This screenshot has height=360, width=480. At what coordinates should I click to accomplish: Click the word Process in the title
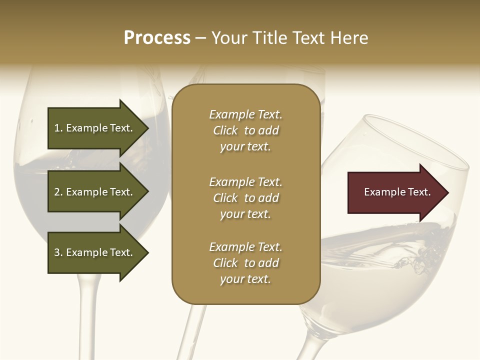point(157,38)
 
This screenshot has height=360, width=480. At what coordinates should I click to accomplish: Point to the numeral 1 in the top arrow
point(57,128)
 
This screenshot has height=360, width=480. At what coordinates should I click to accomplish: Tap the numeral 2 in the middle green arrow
point(57,192)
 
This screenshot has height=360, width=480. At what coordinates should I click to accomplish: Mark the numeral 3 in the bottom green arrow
point(57,252)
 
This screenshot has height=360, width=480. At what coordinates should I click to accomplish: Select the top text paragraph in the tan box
point(245,130)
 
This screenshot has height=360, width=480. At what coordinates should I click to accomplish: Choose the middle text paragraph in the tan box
point(245,197)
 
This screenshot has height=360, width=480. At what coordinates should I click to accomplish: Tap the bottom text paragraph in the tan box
point(245,263)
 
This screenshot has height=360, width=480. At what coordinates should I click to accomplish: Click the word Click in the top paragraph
point(225,130)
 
